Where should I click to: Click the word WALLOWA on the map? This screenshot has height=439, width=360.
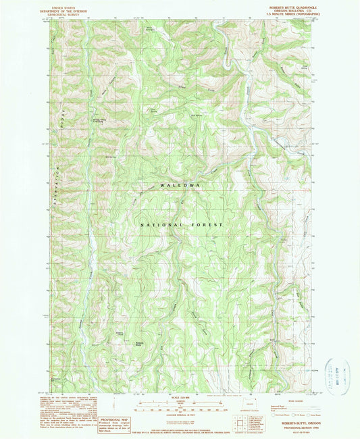pyautogui.click(x=180, y=185)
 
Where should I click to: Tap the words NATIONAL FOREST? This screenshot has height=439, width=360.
pyautogui.click(x=181, y=224)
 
